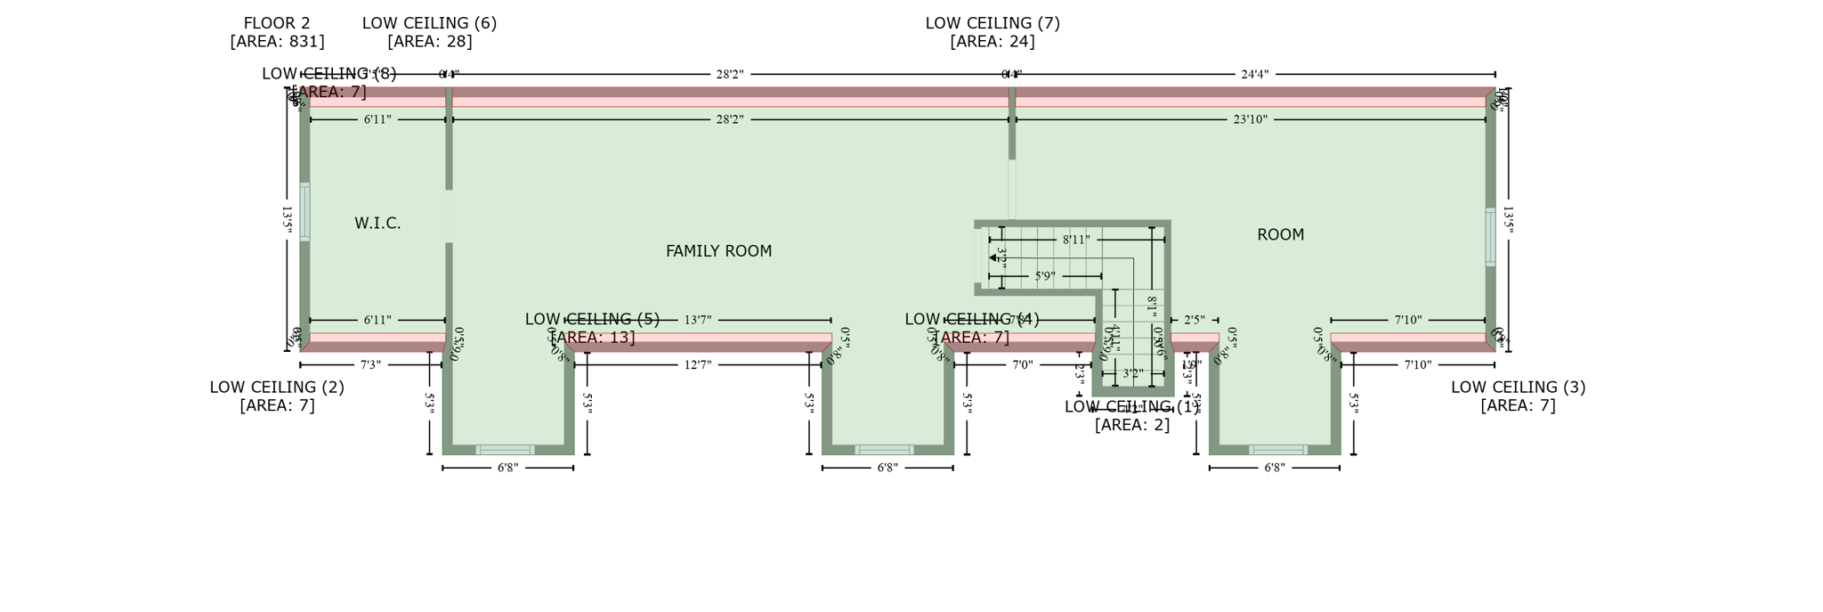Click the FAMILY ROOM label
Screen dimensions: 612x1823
(x=718, y=252)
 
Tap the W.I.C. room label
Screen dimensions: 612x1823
(x=377, y=224)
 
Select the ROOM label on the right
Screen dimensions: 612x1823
(x=1280, y=235)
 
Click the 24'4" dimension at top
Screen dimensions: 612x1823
(x=1254, y=75)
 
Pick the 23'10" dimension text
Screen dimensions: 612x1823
(x=1250, y=119)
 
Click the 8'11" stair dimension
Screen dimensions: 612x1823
(x=1075, y=240)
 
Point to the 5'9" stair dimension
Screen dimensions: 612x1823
(x=1045, y=276)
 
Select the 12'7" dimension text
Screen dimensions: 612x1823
(x=698, y=365)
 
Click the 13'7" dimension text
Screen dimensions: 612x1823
(x=698, y=320)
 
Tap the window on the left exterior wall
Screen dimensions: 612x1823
(x=304, y=212)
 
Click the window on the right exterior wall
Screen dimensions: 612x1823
(x=1490, y=237)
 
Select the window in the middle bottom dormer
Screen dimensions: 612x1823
(x=884, y=450)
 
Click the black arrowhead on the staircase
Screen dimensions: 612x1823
(x=993, y=257)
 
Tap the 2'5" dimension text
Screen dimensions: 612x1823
(x=1194, y=320)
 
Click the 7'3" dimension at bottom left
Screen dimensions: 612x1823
(x=370, y=365)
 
